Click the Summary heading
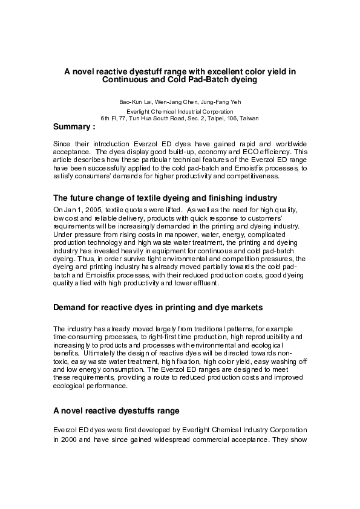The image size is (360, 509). (74, 128)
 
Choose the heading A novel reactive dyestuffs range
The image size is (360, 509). (116, 411)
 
